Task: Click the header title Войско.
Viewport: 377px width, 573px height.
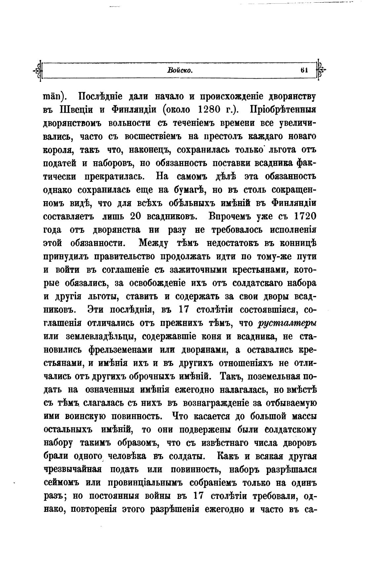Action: (x=180, y=70)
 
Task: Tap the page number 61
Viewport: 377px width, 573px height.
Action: (x=304, y=70)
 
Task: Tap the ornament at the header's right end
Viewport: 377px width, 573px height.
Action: (x=320, y=70)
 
